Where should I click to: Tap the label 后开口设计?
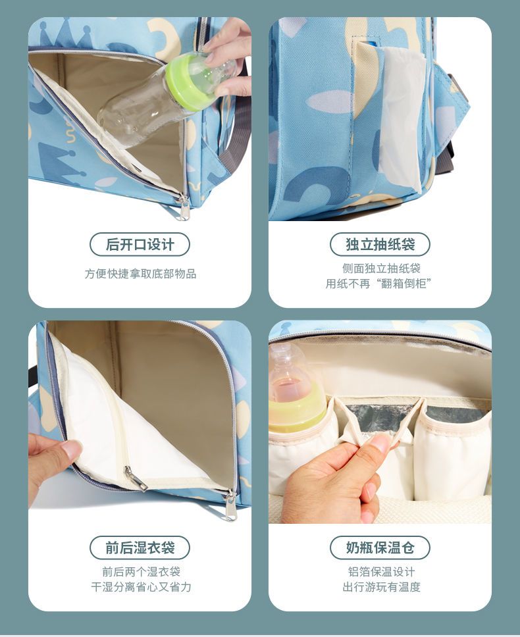(x=140, y=245)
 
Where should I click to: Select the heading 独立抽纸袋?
(x=380, y=245)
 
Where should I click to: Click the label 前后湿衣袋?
(x=140, y=548)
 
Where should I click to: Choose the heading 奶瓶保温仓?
(x=380, y=548)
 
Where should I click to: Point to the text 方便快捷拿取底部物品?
(x=140, y=274)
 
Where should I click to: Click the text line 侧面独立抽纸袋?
(x=381, y=268)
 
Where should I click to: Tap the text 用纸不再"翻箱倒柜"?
(x=378, y=284)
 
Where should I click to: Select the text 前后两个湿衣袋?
(x=141, y=572)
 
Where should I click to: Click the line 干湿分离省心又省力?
(x=141, y=587)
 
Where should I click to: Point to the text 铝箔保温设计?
(x=382, y=572)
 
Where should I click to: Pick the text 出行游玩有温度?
(x=382, y=587)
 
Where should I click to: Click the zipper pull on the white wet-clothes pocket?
(x=136, y=478)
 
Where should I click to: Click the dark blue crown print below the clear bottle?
(x=58, y=159)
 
